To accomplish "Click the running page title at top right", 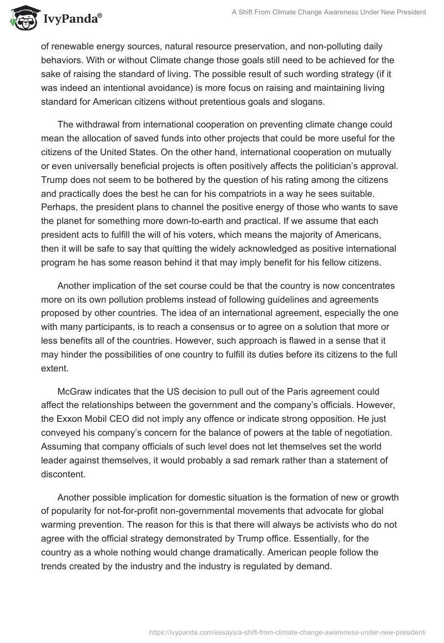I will pos(329,12).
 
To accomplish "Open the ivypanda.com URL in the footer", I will pos(287,631).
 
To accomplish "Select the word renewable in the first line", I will pos(73,48).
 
